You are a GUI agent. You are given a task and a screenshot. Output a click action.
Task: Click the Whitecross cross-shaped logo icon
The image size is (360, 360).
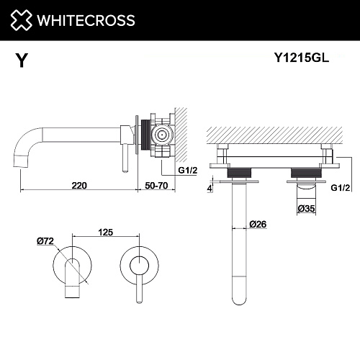pos(21,20)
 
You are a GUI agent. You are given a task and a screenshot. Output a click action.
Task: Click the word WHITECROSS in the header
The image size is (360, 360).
pos(86,20)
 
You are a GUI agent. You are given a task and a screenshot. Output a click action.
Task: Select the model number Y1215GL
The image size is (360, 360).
pos(302,58)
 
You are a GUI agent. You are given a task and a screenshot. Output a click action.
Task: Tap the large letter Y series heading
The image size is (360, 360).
pos(22,60)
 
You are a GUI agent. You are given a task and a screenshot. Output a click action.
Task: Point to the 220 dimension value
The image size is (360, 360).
pos(79,186)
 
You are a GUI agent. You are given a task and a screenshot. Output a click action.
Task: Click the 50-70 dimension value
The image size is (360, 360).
pos(156,186)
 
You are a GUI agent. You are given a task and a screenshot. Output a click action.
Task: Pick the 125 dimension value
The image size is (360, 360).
pos(106,233)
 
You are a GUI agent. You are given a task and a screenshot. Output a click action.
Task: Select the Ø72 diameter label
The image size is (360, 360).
pos(45,241)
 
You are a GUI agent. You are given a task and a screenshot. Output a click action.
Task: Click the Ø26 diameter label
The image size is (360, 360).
pos(258,225)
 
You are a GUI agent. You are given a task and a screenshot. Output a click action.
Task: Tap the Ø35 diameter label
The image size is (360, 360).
pos(306,209)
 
